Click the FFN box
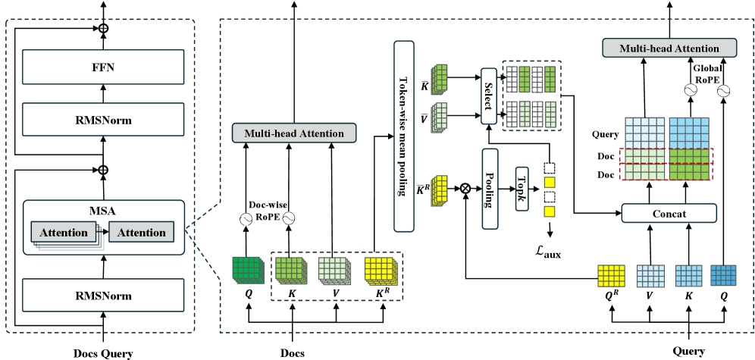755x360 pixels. coord(103,66)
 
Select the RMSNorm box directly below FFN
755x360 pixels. coord(103,118)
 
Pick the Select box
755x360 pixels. coord(487,95)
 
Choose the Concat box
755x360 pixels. coord(669,214)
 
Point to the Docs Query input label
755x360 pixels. coord(103,352)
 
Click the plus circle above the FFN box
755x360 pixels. coord(103,28)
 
